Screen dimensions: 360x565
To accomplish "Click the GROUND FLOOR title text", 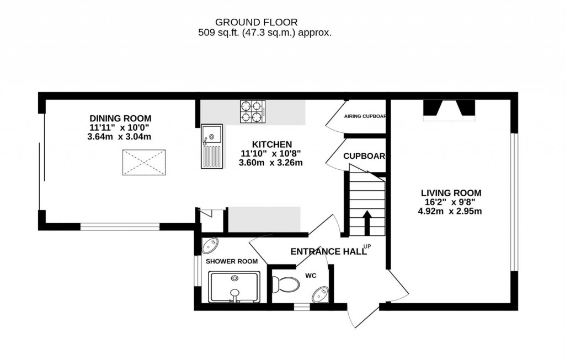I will click(x=256, y=22).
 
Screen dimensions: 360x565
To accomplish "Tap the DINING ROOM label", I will click(x=120, y=118).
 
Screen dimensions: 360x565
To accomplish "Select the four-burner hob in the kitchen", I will click(x=252, y=110).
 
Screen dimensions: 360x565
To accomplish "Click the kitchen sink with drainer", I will click(x=211, y=146).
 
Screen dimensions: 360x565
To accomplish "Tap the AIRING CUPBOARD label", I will click(x=364, y=117).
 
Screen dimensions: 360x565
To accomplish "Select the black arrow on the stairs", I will click(x=366, y=222).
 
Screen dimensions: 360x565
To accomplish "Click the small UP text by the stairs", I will click(x=367, y=246).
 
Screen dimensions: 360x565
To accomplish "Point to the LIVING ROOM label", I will click(x=451, y=193).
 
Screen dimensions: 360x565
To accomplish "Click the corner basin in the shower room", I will click(x=210, y=246).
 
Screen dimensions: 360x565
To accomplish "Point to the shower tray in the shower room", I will click(x=235, y=288).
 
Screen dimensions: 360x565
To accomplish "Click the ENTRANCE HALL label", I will click(x=328, y=252).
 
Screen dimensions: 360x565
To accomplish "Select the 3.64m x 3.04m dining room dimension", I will click(x=120, y=137).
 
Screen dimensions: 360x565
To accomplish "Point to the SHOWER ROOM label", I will click(x=232, y=261).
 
